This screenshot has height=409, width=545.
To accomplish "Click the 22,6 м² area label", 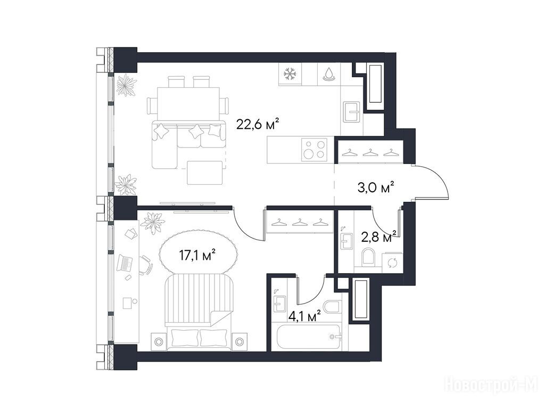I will pyautogui.click(x=258, y=125).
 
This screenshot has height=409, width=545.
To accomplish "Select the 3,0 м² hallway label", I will pyautogui.click(x=376, y=187).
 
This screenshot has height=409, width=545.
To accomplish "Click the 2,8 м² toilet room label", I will pyautogui.click(x=379, y=236).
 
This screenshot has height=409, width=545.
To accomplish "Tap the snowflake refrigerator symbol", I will pyautogui.click(x=290, y=74).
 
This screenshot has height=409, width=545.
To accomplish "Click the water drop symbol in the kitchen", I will pyautogui.click(x=329, y=74).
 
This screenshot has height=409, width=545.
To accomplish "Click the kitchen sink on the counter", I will pyautogui.click(x=351, y=112).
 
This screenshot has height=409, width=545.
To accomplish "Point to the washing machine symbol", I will pyautogui.click(x=392, y=262).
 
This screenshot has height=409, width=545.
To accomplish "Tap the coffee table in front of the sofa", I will pyautogui.click(x=204, y=173).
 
